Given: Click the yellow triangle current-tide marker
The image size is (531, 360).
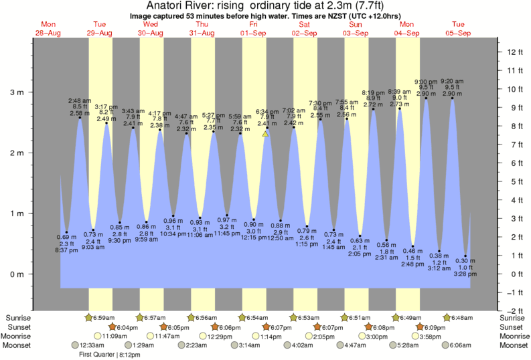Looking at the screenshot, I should click(265, 134).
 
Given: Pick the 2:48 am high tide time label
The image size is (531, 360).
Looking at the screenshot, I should click(80, 100).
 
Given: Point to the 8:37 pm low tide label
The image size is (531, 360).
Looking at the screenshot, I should click(66, 250).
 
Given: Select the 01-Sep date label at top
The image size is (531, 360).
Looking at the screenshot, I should click(253, 33).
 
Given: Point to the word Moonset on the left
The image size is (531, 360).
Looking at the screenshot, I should click(19, 345).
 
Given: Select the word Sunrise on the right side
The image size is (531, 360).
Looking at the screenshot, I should click(512, 317).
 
